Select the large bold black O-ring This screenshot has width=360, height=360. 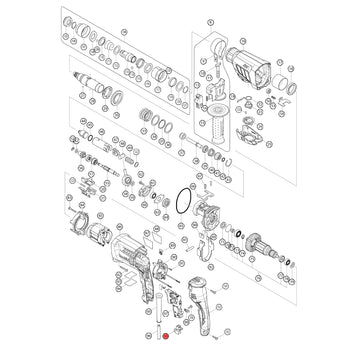point(181,199)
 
